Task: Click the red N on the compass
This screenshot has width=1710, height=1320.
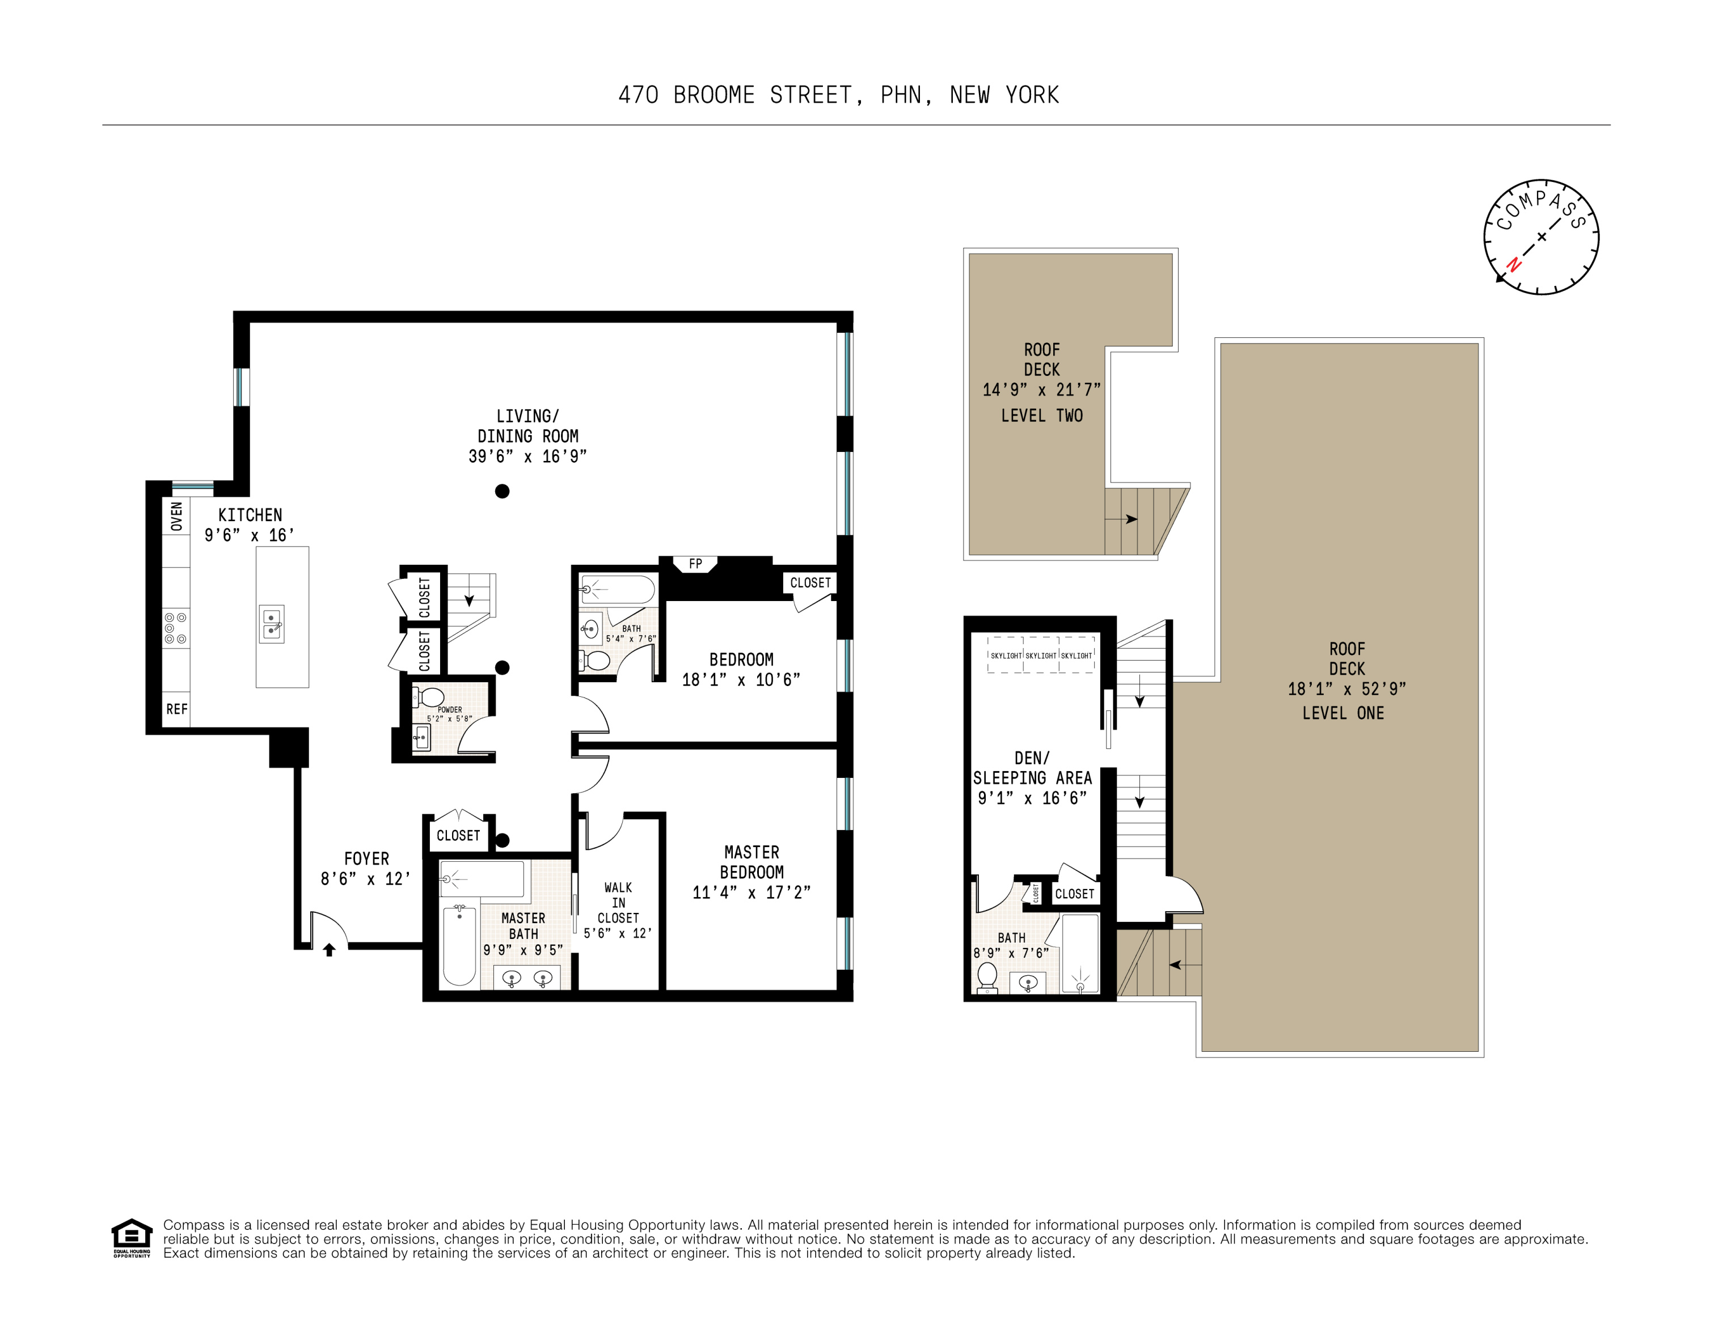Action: (1514, 265)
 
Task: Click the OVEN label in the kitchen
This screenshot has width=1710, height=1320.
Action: (177, 516)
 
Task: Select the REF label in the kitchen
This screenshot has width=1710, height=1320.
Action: (177, 709)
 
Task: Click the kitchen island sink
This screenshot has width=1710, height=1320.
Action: (272, 624)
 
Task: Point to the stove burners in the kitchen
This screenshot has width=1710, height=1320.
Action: (175, 629)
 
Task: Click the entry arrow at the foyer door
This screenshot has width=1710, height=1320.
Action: (330, 950)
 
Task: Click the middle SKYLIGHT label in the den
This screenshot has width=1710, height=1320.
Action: (1041, 655)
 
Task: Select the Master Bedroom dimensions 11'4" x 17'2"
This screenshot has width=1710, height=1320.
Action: (751, 892)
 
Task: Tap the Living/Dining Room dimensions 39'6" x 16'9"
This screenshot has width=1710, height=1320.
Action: (527, 456)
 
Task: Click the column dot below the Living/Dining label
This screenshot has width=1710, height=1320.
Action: (503, 491)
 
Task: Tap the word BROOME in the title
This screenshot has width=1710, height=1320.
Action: (713, 95)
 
